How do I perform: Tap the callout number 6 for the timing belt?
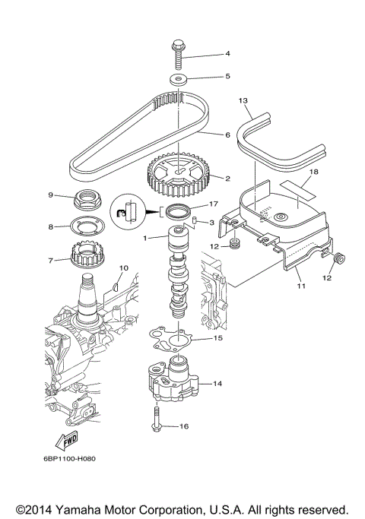tap(227, 134)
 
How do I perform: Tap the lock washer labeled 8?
tap(91, 226)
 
